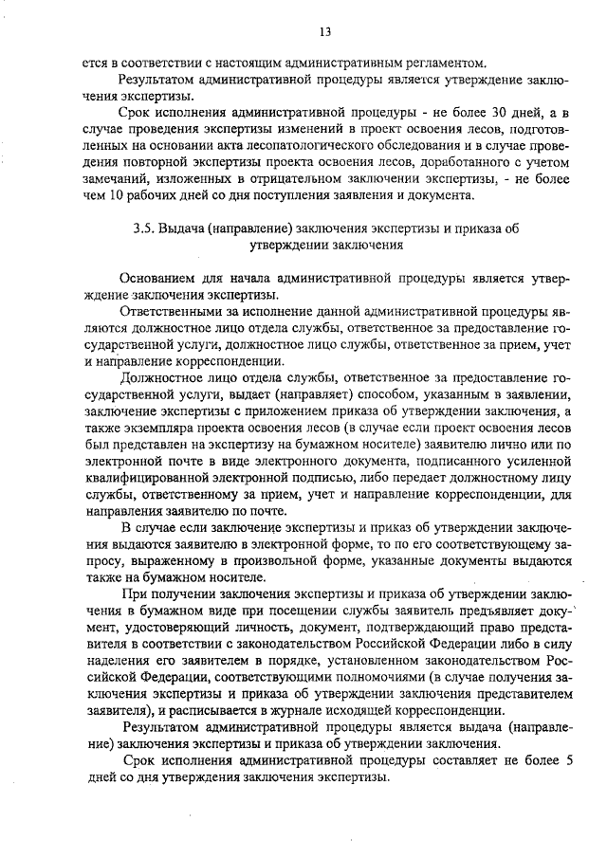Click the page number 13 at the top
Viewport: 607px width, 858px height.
point(324,32)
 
